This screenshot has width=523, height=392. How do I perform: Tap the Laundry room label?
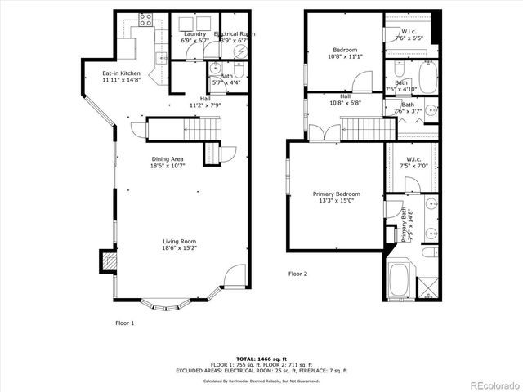(x=194, y=36)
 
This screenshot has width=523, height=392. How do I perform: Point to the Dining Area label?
(x=167, y=162)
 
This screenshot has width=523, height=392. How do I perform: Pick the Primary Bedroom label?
(x=336, y=197)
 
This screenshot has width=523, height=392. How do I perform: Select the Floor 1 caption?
(x=124, y=323)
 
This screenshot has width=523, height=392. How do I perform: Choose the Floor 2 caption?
(x=297, y=274)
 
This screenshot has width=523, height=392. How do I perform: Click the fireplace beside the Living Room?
(x=107, y=261)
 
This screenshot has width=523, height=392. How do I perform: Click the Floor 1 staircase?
(x=183, y=129)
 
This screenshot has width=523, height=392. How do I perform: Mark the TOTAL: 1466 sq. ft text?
(x=261, y=359)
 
